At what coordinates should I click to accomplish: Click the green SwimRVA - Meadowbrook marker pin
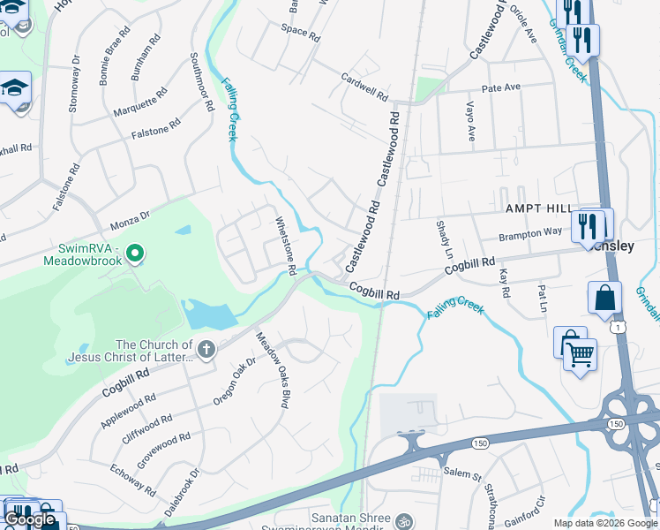click(x=134, y=254)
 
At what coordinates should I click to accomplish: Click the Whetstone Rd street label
click(x=284, y=246)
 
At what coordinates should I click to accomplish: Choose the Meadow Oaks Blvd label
click(x=273, y=370)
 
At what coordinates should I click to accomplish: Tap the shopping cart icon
click(x=580, y=355)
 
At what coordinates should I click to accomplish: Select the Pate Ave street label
click(x=501, y=88)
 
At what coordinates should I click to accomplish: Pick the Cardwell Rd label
click(x=365, y=86)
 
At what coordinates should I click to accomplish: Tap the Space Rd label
click(x=300, y=32)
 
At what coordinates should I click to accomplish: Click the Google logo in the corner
click(x=30, y=519)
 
